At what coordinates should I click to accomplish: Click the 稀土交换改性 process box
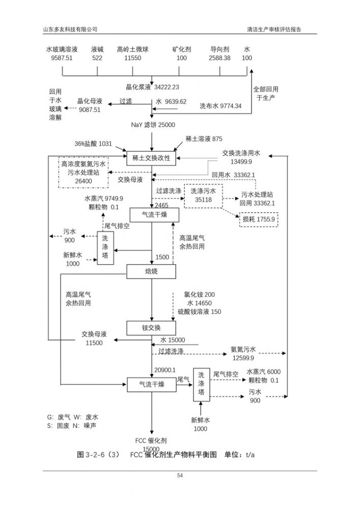(151, 158)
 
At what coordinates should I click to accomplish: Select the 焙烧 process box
(151, 271)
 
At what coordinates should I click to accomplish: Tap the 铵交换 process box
(151, 327)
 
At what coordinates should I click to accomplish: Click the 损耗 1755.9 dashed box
(258, 219)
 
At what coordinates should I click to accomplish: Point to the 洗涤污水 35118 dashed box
(204, 195)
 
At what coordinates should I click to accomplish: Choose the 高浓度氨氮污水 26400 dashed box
(84, 173)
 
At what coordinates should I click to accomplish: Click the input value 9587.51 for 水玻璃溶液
(62, 59)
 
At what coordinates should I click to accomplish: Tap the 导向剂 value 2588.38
(219, 59)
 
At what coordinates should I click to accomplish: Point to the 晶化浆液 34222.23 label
(153, 87)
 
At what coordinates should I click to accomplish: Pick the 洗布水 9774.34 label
(220, 106)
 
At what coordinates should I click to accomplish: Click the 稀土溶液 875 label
(204, 139)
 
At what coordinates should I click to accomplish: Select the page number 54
(180, 476)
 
